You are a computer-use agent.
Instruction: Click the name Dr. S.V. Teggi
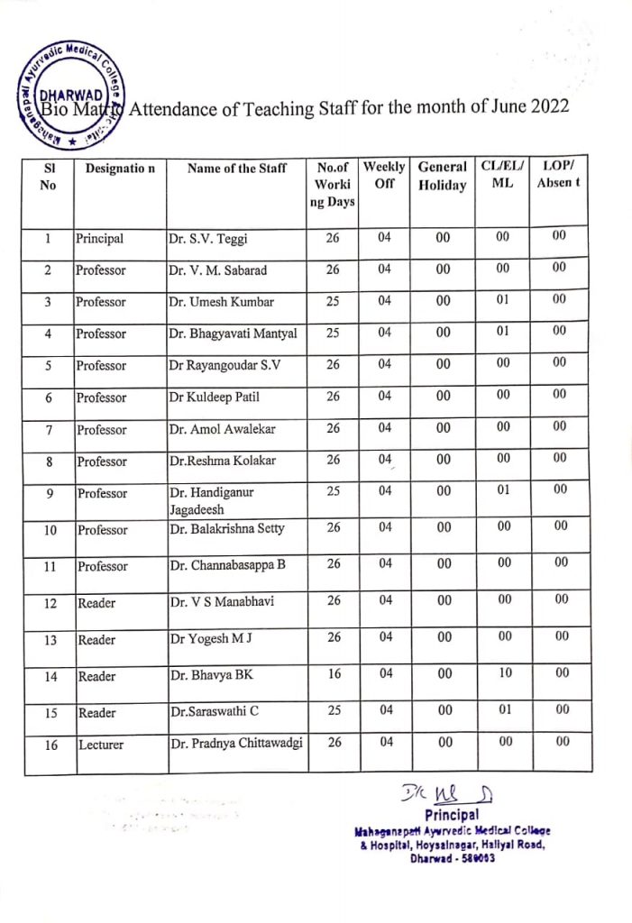[207, 240]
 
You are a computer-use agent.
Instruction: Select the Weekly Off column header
[383, 175]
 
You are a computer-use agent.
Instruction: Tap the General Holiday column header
[442, 176]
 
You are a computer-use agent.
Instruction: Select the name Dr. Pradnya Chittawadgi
[236, 743]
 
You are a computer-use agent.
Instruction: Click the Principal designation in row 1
[100, 240]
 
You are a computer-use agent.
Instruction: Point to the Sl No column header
[50, 176]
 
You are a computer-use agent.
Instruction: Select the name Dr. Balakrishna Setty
[226, 528]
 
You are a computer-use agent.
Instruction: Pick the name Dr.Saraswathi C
[214, 711]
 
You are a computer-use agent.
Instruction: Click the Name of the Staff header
[237, 168]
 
